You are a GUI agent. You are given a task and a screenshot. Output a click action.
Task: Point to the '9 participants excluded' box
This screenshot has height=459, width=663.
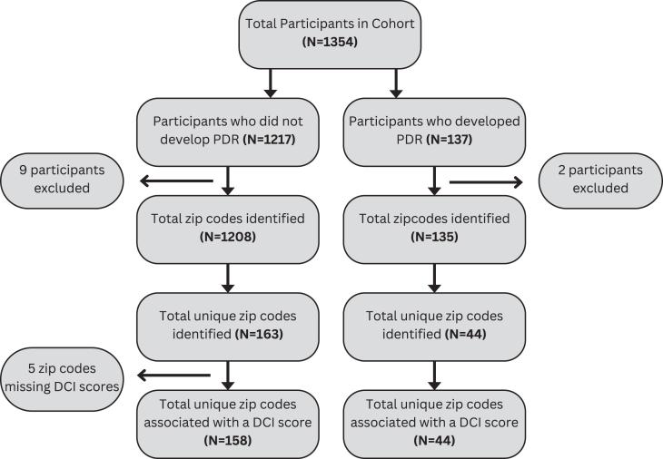click(x=63, y=179)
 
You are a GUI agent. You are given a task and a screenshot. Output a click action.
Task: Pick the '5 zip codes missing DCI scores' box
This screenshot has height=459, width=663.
click(x=63, y=373)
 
